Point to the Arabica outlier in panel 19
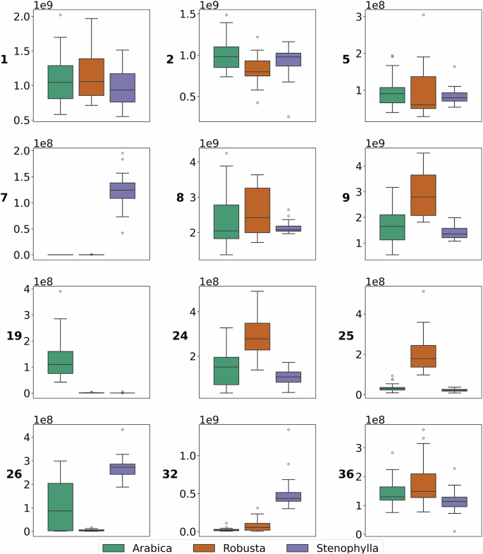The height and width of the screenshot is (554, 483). point(61,291)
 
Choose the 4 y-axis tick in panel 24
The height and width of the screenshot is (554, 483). point(191,311)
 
